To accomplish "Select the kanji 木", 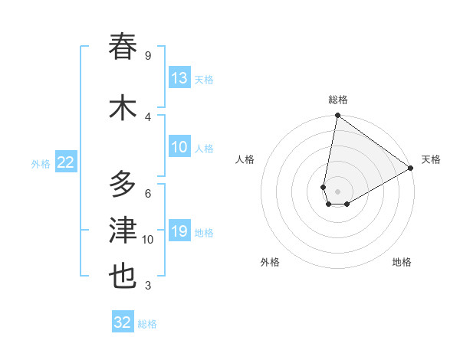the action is click(123, 107).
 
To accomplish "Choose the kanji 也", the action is click(123, 276).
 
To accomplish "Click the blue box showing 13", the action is click(179, 78).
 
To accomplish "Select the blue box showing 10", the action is click(179, 148).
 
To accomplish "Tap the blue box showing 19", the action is click(179, 232).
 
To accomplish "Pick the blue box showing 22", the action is click(66, 162).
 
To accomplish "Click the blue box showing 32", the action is click(123, 322).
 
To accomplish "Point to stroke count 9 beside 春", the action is click(147, 56).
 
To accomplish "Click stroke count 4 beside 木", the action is click(147, 116).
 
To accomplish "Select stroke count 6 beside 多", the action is click(147, 193).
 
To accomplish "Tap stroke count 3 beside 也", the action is click(147, 286).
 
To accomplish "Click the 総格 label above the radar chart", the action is click(338, 100).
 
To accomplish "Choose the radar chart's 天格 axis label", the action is click(431, 159).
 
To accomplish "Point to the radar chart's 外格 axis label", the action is click(270, 262).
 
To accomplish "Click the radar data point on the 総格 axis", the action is click(337, 116).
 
